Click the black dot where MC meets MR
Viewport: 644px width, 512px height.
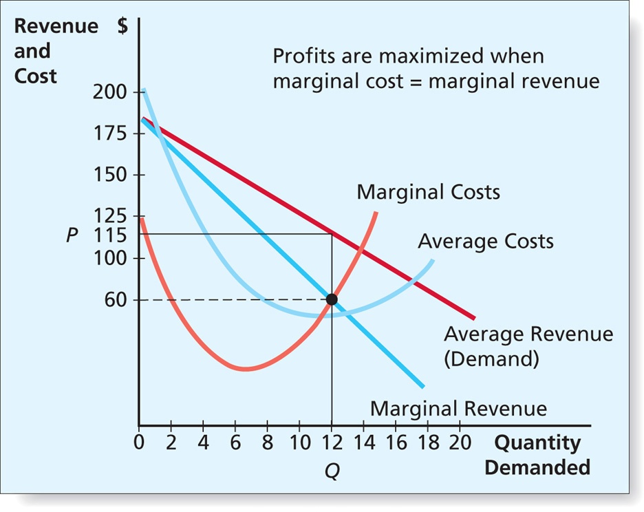[332, 299]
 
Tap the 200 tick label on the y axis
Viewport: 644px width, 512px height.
[110, 92]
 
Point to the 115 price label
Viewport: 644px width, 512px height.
[111, 235]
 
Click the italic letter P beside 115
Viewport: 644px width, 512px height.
[72, 235]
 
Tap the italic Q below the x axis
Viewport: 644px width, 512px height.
[332, 473]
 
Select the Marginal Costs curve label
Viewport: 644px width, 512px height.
[428, 192]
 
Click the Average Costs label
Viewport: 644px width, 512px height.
[485, 242]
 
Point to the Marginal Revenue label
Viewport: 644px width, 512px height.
[458, 409]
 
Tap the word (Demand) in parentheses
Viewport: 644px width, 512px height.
[491, 359]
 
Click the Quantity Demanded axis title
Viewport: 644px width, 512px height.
[537, 455]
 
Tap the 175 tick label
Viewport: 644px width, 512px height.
[110, 133]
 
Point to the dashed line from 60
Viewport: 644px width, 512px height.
[234, 300]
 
